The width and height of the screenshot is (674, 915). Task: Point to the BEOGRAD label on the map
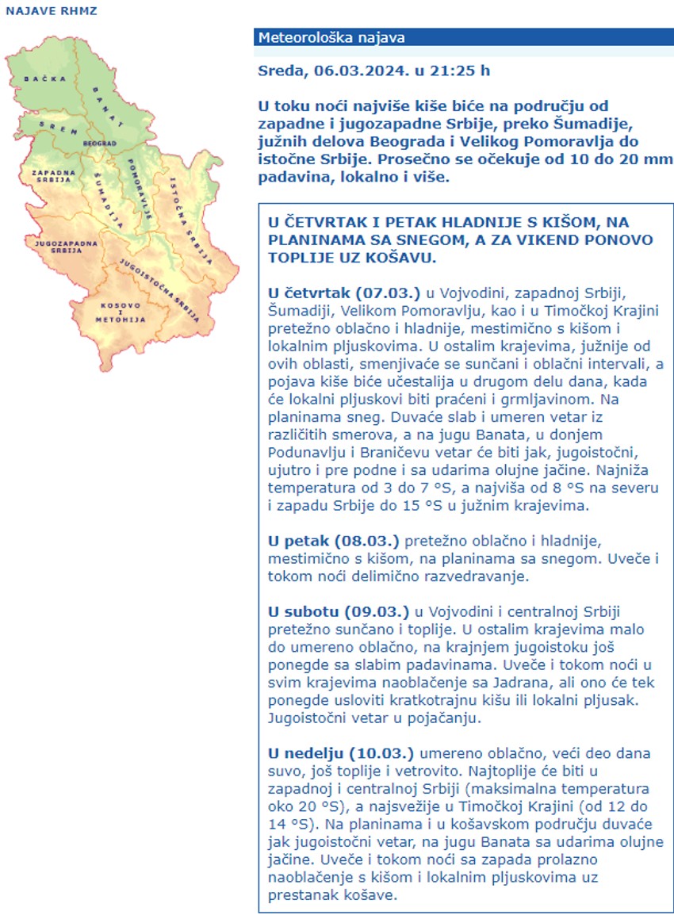coord(101,144)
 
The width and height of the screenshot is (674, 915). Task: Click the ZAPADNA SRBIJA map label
coord(53,175)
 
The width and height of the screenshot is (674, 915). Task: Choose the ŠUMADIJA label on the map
coord(108,197)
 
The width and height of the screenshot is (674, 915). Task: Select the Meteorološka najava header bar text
coord(331,37)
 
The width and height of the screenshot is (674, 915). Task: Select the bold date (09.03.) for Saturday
coord(377,611)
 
